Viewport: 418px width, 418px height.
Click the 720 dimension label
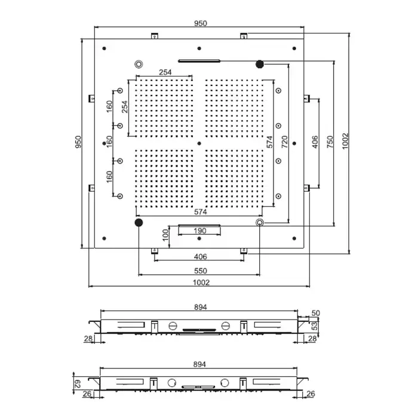(x=285, y=142)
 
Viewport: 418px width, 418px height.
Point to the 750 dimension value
(x=330, y=142)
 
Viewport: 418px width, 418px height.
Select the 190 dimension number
(x=199, y=231)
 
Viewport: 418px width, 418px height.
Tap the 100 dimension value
(x=165, y=235)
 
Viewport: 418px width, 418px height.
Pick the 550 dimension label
(x=201, y=271)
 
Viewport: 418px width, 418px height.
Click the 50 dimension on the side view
(x=316, y=313)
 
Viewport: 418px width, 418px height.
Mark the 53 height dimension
(x=315, y=326)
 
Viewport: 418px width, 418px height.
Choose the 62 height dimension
(x=77, y=384)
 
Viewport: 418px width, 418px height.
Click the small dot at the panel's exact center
(x=199, y=143)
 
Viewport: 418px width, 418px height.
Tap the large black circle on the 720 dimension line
(x=260, y=64)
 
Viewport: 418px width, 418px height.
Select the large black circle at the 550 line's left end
(x=139, y=222)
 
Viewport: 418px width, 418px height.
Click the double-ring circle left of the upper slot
(x=139, y=64)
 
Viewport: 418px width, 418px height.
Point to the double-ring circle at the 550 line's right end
(x=260, y=222)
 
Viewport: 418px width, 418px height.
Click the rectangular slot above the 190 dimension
(x=199, y=226)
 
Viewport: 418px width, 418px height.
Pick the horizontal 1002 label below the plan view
(x=201, y=282)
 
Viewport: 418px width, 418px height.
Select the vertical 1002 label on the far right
(x=345, y=142)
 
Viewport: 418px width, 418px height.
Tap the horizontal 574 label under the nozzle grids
(x=201, y=212)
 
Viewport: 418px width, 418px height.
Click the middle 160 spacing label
(x=109, y=142)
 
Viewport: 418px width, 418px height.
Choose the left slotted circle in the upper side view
(x=173, y=326)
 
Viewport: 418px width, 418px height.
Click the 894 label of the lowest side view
(x=199, y=364)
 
